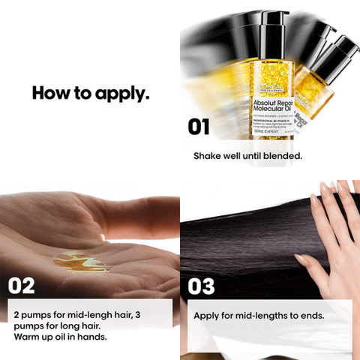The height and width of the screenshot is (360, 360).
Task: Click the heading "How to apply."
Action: coord(90,94)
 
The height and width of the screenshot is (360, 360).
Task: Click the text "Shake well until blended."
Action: coord(247,157)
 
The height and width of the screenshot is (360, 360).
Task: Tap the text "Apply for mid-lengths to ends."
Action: coord(259,315)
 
